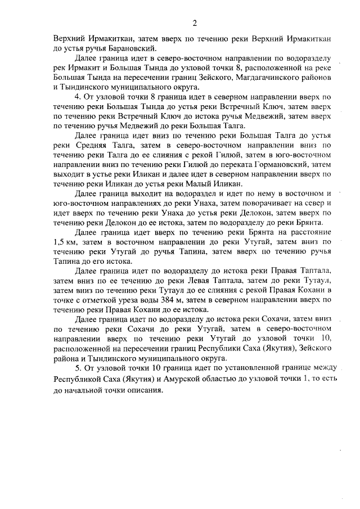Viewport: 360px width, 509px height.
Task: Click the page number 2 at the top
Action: pos(195,23)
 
